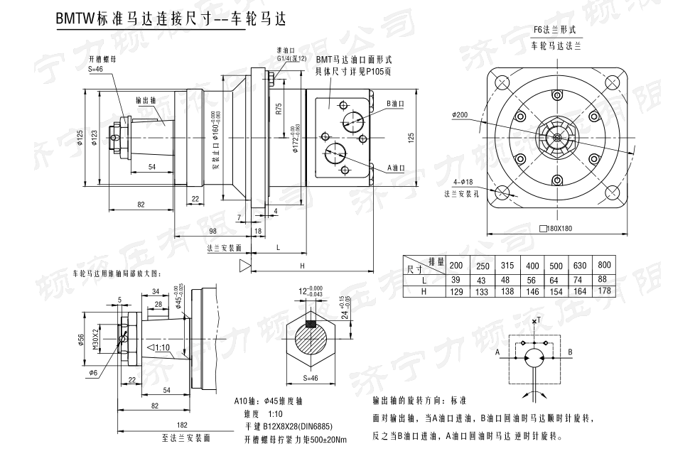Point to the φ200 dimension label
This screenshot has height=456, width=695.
460,114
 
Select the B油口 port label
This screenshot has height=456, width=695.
396,104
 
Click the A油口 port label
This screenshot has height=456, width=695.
396,168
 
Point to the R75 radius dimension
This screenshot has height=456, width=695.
279,109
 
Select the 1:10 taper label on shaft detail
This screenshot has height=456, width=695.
163,347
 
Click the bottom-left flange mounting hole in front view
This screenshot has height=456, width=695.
503,191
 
